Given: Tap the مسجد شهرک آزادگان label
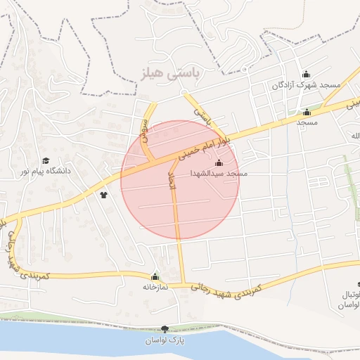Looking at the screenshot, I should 306,84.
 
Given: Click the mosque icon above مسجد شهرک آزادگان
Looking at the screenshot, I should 306,75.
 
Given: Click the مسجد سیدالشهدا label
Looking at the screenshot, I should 219,173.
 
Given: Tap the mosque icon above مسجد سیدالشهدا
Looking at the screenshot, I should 218,164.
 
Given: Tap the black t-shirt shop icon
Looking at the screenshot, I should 104,195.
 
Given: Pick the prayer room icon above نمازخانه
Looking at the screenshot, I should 155,276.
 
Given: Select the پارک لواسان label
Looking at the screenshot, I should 164,340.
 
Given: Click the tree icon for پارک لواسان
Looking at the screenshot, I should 165,329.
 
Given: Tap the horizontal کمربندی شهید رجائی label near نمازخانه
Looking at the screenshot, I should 226,288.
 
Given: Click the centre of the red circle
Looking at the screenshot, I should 180,179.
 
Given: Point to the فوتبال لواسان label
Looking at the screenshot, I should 349,300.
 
